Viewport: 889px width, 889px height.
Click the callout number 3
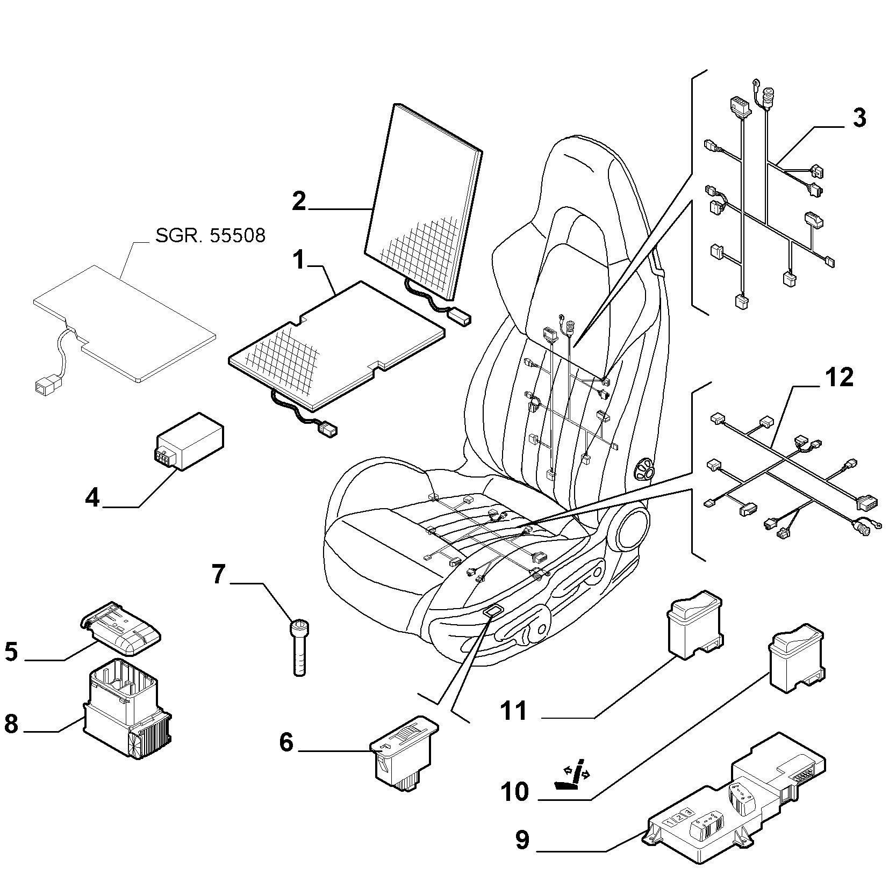coord(859,118)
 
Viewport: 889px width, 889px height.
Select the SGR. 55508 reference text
coord(210,235)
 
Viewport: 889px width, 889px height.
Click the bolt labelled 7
coord(299,647)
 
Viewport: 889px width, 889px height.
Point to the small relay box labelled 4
coord(189,440)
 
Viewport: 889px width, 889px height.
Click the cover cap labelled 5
coord(121,628)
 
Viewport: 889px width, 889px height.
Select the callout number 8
coord(11,725)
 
